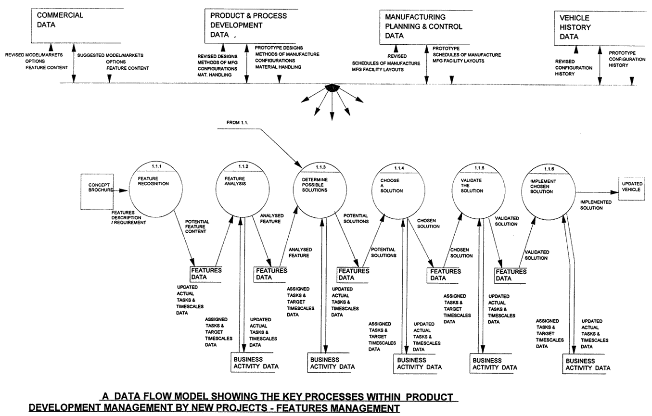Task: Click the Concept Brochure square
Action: pos(99,189)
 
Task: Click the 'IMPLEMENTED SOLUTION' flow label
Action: pos(595,205)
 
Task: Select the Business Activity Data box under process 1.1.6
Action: pos(588,365)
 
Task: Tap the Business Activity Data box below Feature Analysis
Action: pos(255,363)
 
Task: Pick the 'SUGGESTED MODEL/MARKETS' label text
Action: pos(111,55)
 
